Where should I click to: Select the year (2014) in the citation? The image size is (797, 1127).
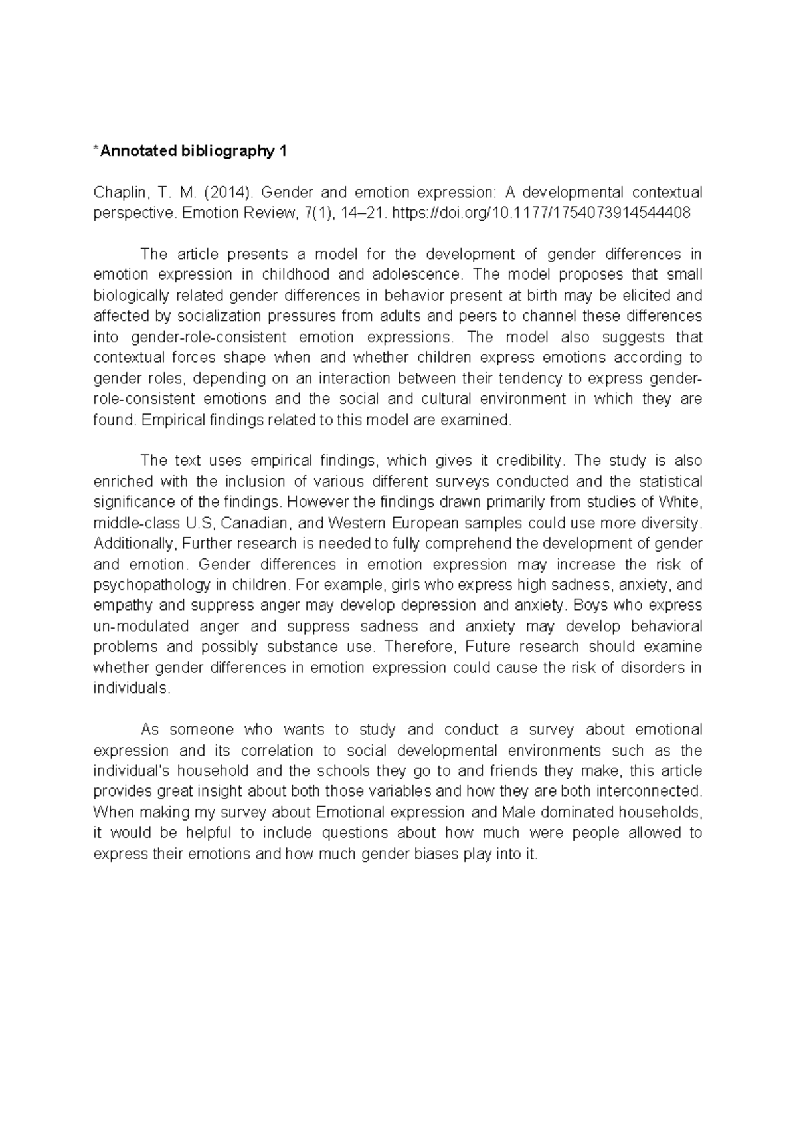(x=228, y=193)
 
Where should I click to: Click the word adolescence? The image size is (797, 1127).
(x=416, y=274)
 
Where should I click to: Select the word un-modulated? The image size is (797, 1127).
(x=133, y=626)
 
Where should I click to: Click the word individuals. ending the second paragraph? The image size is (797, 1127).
(x=132, y=688)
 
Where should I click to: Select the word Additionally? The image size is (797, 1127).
(x=135, y=544)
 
